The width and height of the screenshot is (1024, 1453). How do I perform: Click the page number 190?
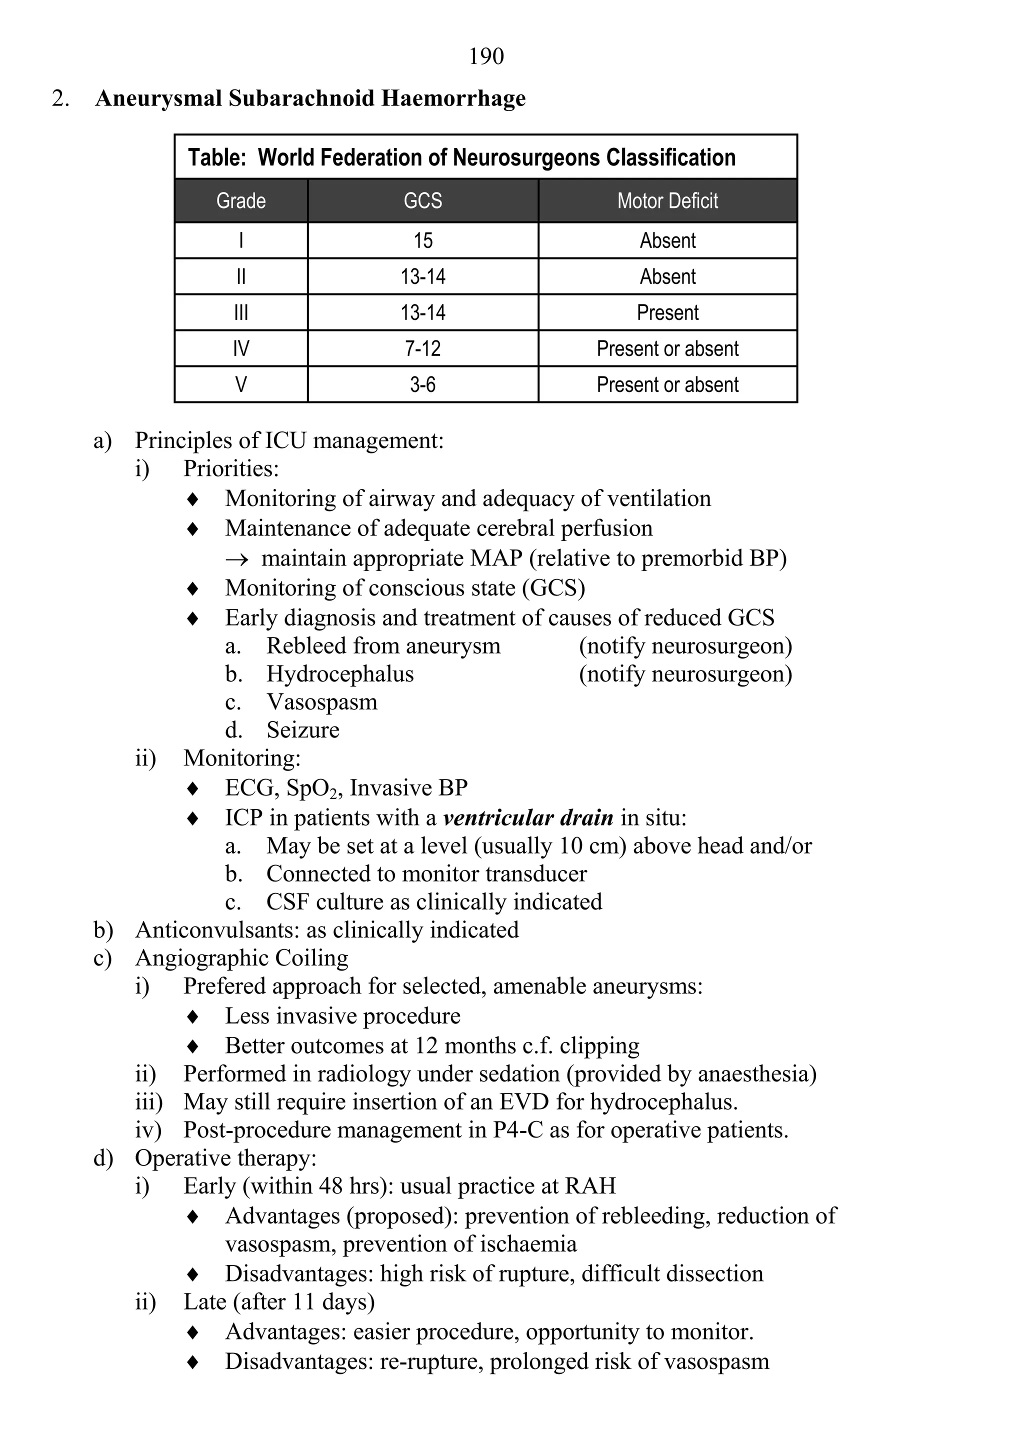(x=486, y=56)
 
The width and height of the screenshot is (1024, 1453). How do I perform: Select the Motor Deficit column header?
(x=667, y=201)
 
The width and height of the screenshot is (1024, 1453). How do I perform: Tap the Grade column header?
(x=240, y=201)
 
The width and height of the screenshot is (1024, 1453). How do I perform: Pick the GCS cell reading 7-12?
(x=423, y=348)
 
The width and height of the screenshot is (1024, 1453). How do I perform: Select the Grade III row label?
(x=240, y=312)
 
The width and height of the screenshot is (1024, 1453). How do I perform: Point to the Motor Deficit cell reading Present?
(x=667, y=312)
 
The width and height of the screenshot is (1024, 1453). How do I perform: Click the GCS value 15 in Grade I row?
(x=423, y=241)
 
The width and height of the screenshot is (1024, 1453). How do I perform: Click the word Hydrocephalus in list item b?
(x=340, y=674)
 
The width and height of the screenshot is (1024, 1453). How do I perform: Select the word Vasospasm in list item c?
(x=321, y=702)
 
